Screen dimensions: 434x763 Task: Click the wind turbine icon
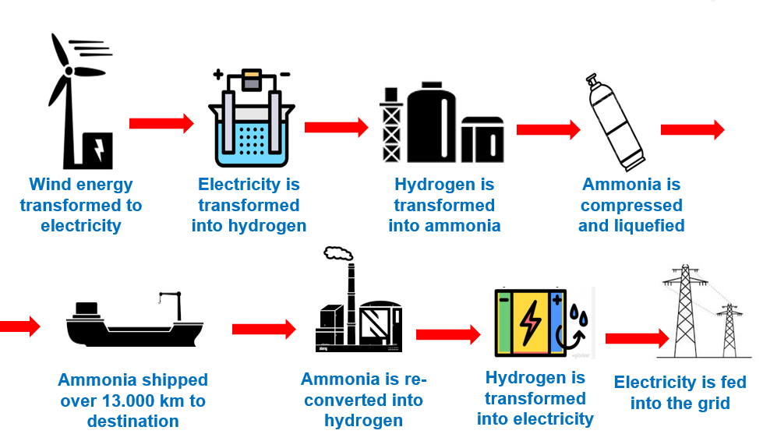tap(74, 101)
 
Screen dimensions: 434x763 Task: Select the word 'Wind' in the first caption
tap(48, 185)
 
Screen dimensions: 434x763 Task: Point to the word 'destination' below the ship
tap(132, 422)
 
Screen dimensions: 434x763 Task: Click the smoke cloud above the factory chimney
tap(337, 253)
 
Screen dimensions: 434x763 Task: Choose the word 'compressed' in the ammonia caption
tap(631, 206)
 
